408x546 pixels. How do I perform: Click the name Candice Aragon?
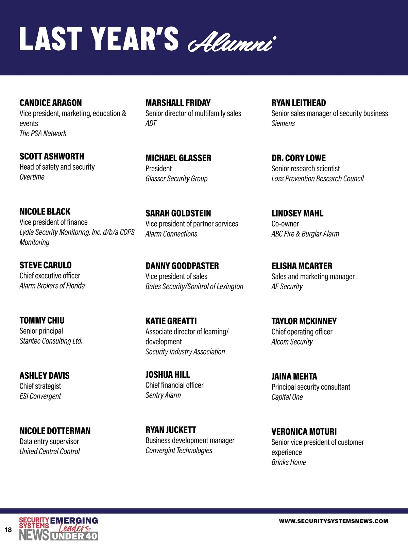click(x=51, y=103)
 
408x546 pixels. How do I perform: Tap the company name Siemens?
click(x=283, y=123)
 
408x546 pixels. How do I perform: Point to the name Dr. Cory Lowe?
click(x=298, y=158)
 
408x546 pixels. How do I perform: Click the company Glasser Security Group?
click(x=176, y=178)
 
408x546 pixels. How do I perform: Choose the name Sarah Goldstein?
click(x=178, y=213)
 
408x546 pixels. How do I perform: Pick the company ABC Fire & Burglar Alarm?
click(x=305, y=234)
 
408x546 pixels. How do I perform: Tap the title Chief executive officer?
click(x=50, y=276)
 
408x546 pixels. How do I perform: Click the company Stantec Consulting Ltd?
click(x=51, y=341)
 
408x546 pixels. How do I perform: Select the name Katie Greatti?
click(x=171, y=321)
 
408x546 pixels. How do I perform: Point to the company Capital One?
click(x=287, y=397)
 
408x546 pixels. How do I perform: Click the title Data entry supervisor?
click(x=49, y=441)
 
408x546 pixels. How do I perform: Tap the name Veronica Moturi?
click(x=304, y=432)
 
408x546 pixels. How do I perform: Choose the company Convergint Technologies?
click(x=178, y=450)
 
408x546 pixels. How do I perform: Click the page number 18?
click(x=8, y=530)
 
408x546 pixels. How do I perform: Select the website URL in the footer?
click(x=333, y=521)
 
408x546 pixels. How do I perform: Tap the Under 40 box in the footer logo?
click(x=74, y=536)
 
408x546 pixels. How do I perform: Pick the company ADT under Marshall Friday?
click(x=151, y=123)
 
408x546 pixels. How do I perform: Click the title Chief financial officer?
click(x=174, y=385)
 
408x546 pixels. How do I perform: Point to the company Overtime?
click(x=32, y=177)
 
